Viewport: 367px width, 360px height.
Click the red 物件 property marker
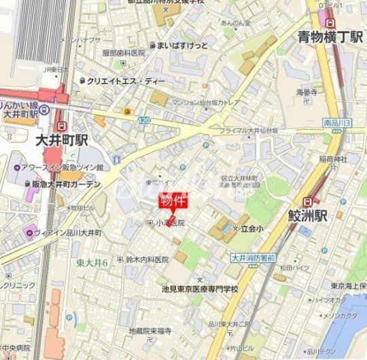point(171,201)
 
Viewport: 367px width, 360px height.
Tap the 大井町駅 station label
point(63,141)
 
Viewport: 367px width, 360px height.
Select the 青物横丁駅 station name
point(330,37)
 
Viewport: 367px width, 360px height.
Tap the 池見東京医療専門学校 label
point(197,289)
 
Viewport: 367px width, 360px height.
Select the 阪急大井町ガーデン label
point(66,184)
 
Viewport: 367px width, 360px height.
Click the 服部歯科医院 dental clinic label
point(124,52)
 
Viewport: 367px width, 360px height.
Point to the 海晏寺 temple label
point(307,91)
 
